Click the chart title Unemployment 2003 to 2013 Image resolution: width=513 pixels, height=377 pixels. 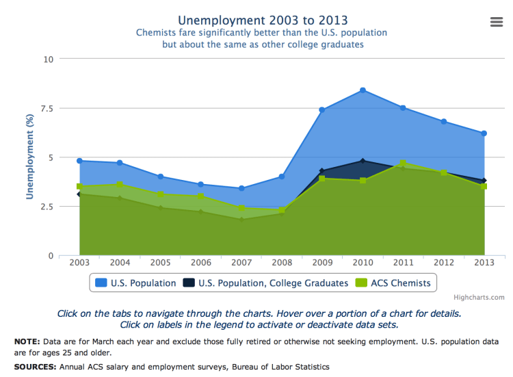[x=262, y=19]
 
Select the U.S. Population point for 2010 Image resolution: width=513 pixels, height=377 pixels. [x=363, y=90]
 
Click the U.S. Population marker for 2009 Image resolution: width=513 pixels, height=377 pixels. [x=321, y=109]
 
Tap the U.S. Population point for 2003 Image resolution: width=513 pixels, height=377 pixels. [x=79, y=161]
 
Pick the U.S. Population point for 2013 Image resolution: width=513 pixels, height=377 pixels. [x=484, y=133]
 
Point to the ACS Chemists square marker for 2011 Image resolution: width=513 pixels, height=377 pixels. [x=403, y=164]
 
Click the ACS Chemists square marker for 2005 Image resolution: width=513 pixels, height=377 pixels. [x=160, y=194]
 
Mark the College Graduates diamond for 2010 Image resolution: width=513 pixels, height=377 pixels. [x=363, y=161]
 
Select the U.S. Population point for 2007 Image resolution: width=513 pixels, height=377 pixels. [x=241, y=188]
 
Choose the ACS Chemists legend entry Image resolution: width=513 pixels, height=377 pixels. [x=401, y=283]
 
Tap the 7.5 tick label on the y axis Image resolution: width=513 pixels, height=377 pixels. [x=44, y=108]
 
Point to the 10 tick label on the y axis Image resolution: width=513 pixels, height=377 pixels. [x=48, y=59]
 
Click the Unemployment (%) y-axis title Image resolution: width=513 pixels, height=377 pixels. [x=29, y=157]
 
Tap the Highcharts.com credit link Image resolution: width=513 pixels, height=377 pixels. [x=479, y=297]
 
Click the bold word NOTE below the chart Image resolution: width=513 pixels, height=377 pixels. [x=27, y=341]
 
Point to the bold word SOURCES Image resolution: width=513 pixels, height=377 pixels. [x=35, y=367]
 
